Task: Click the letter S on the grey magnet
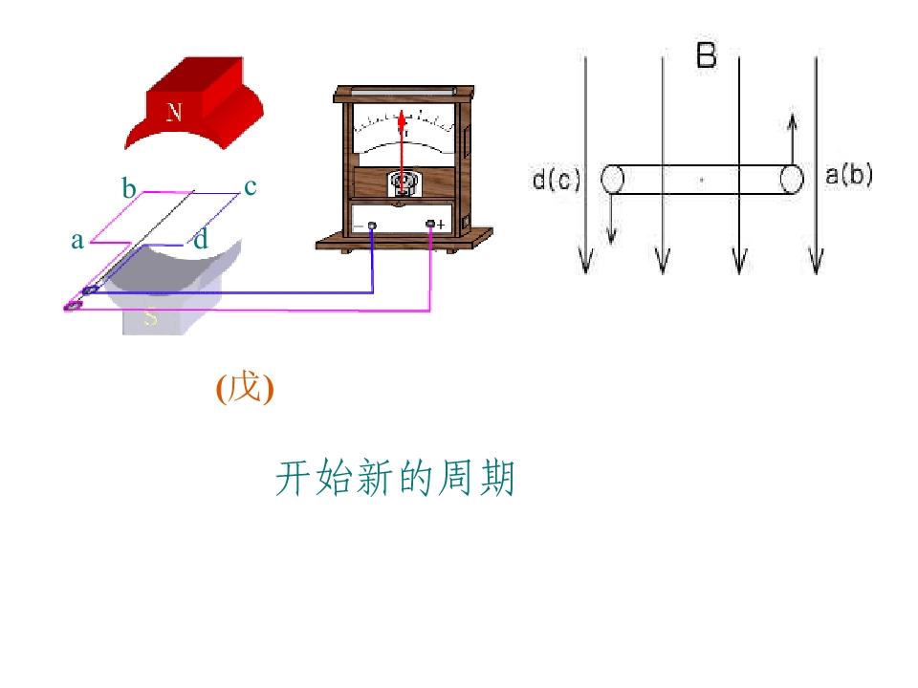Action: point(150,316)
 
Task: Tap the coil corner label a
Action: point(77,241)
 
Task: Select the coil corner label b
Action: point(129,188)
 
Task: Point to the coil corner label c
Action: point(250,186)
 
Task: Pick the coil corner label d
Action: point(201,239)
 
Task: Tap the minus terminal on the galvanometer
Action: point(371,226)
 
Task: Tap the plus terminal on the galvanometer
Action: point(430,224)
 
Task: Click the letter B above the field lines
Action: point(706,55)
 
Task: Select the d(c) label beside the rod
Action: point(557,179)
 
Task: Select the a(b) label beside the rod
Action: point(849,175)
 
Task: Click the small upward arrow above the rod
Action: point(792,140)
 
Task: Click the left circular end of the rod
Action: point(612,179)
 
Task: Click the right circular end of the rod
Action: point(792,179)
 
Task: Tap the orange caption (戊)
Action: point(245,388)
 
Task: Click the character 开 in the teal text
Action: point(294,478)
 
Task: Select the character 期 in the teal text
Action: point(496,478)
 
